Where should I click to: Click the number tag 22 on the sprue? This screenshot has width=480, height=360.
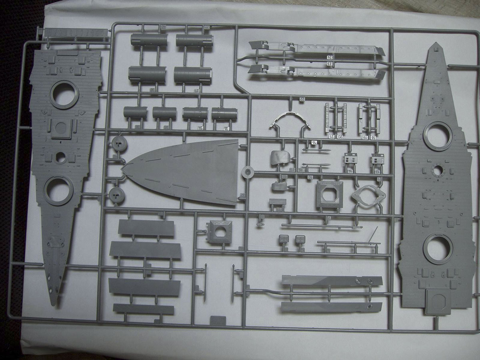coord(302,99)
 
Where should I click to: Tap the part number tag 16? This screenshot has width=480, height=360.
coord(314,142)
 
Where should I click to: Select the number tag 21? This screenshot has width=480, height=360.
coord(331,137)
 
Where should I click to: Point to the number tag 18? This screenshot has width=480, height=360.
coord(374,137)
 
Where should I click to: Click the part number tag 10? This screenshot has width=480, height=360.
coord(310,177)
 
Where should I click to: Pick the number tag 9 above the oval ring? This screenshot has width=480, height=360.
coord(378,179)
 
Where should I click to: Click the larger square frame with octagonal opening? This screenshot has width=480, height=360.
coord(329,194)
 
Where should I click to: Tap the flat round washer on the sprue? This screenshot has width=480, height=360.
coord(248,172)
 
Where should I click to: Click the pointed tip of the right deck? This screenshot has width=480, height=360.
coord(436,44)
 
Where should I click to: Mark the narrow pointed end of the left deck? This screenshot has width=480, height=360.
coord(56,302)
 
